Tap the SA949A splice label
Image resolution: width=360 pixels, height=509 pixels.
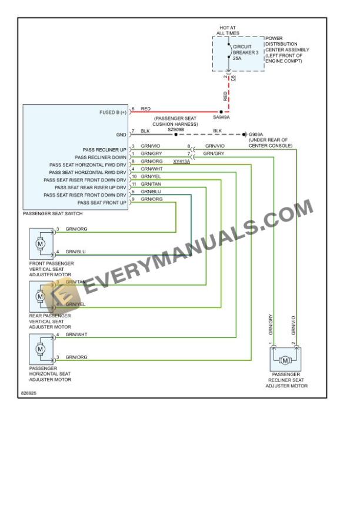click(221, 118)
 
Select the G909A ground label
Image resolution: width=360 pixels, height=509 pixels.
click(257, 134)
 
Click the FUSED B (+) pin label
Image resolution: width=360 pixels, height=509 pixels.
click(113, 112)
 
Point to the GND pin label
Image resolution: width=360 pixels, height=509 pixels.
click(121, 134)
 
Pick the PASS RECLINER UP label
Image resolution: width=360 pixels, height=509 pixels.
click(104, 149)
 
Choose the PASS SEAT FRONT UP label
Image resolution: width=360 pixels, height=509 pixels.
click(102, 203)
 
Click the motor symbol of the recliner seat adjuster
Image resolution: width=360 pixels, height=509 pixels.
click(285, 360)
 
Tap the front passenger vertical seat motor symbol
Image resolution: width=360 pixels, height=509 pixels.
click(41, 242)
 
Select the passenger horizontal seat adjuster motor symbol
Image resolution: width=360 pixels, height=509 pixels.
click(41, 349)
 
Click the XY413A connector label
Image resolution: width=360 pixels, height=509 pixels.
click(182, 161)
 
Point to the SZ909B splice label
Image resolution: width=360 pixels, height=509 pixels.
click(176, 129)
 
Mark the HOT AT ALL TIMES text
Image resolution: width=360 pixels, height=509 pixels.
click(228, 31)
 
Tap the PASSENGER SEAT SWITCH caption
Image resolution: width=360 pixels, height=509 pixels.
click(52, 213)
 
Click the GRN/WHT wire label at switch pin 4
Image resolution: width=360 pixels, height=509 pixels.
click(151, 169)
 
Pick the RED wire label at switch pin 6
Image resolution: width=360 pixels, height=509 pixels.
click(146, 109)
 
